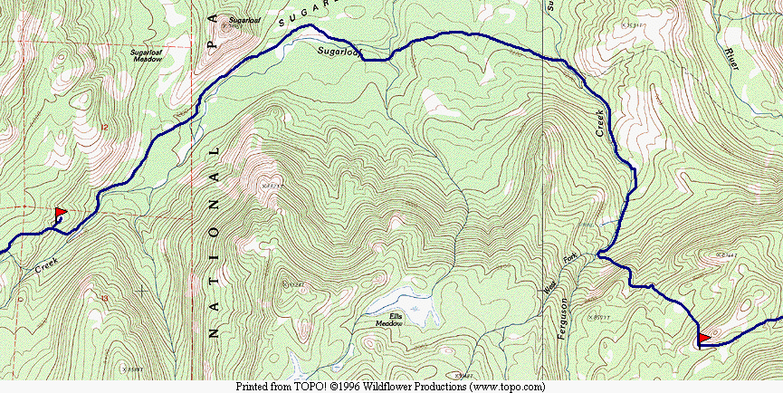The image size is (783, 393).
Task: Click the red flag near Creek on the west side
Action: coord(61,214)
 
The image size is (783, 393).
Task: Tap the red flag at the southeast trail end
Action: coord(704,338)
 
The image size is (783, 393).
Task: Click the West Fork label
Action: coord(559,275)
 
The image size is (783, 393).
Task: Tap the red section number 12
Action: coord(105,128)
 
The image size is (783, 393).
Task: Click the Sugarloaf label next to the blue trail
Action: coord(339,53)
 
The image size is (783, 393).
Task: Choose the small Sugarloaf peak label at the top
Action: coord(243,19)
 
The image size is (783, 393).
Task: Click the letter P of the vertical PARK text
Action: coord(213,42)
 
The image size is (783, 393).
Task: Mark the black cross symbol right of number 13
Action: coord(142,290)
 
